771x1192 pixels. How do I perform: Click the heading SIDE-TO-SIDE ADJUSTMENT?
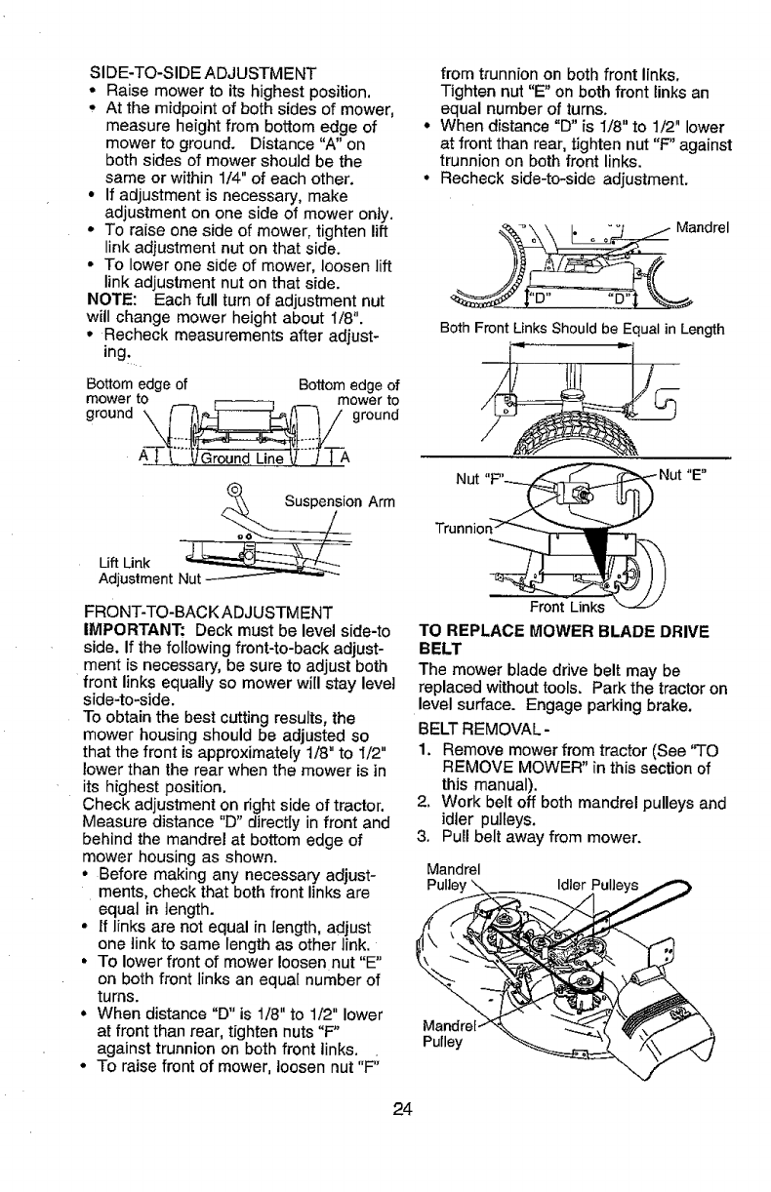[x=202, y=72]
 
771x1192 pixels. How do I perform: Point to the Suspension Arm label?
[x=339, y=502]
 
